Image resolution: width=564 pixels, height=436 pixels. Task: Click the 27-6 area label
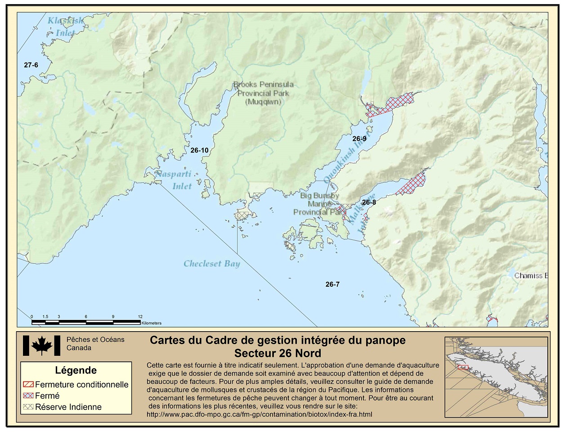[x=31, y=65]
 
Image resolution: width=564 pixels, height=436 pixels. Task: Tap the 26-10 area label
[x=199, y=150]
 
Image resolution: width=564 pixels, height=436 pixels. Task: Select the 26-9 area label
[x=359, y=139]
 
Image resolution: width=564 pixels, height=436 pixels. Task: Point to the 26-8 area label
[x=368, y=202]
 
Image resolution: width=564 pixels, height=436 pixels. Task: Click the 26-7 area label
[x=332, y=284]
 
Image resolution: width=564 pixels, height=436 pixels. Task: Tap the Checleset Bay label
[x=211, y=264]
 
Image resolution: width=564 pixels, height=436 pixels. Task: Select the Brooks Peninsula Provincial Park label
[x=263, y=93]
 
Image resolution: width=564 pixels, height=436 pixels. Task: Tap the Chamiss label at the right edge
[x=530, y=275]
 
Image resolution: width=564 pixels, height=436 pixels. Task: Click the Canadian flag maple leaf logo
[x=41, y=346]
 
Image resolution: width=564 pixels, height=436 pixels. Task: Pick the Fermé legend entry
[x=47, y=396]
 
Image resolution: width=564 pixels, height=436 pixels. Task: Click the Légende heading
[x=76, y=370]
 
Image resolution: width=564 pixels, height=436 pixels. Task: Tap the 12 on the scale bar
[x=140, y=317]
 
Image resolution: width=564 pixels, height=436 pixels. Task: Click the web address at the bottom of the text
[x=260, y=414]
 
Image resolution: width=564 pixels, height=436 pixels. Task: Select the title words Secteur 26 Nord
[x=278, y=353]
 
